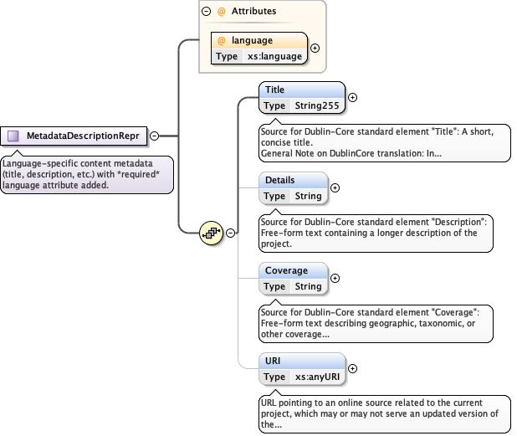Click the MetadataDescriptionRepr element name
[82, 136]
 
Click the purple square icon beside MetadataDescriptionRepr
[13, 136]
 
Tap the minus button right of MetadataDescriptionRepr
[154, 136]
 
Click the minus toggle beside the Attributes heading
[206, 12]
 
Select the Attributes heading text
[253, 12]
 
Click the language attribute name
[252, 40]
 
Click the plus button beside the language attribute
[315, 48]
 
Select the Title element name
[274, 90]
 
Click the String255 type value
[315, 105]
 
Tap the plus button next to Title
[352, 97]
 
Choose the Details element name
[279, 180]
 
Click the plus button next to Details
[335, 187]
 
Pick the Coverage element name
[286, 270]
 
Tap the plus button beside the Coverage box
[335, 278]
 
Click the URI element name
[274, 361]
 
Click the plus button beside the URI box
[352, 368]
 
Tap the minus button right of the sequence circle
[230, 232]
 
